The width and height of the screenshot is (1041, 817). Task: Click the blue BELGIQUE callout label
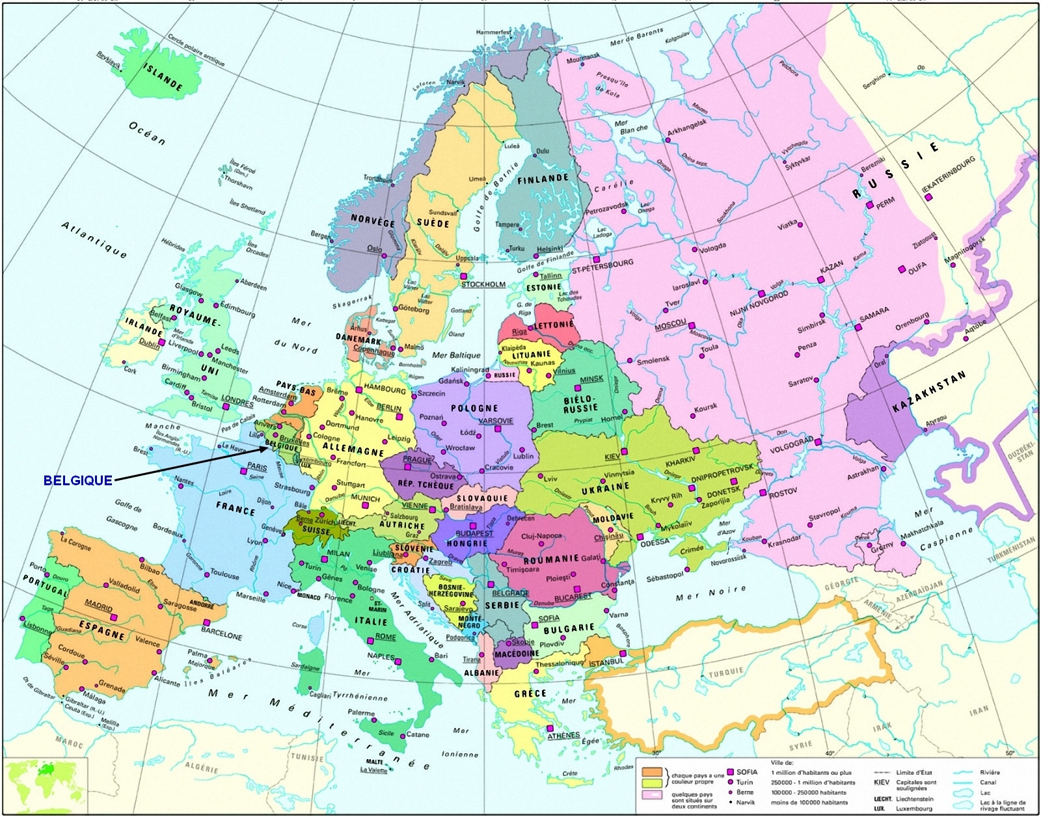[77, 480]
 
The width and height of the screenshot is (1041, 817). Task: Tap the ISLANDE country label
[163, 79]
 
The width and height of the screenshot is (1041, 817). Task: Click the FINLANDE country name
[543, 178]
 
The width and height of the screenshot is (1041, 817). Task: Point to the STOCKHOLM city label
[483, 284]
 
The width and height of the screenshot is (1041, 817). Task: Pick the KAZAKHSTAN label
[928, 392]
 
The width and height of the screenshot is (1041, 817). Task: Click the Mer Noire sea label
[710, 593]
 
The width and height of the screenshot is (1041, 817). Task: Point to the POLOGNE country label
[474, 408]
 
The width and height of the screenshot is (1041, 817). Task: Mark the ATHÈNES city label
[563, 735]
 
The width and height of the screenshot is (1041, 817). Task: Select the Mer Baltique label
[456, 356]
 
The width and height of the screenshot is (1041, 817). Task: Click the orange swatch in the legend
[652, 771]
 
